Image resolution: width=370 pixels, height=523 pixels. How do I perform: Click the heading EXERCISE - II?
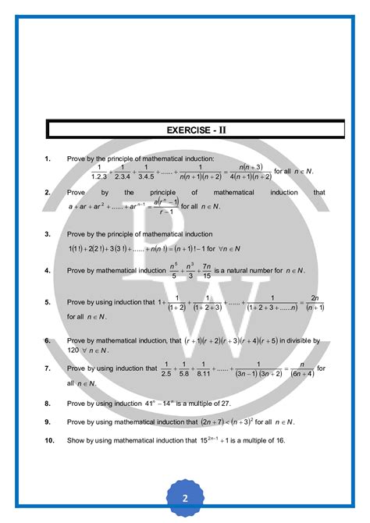(184, 130)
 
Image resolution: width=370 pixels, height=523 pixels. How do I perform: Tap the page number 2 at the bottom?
(185, 499)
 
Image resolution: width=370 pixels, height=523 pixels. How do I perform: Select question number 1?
(48, 159)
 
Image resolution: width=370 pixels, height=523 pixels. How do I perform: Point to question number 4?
(48, 271)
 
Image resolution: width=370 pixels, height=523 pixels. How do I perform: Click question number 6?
(48, 341)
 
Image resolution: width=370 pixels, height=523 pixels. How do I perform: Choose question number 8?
(48, 404)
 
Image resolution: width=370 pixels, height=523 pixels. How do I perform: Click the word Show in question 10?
(76, 441)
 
